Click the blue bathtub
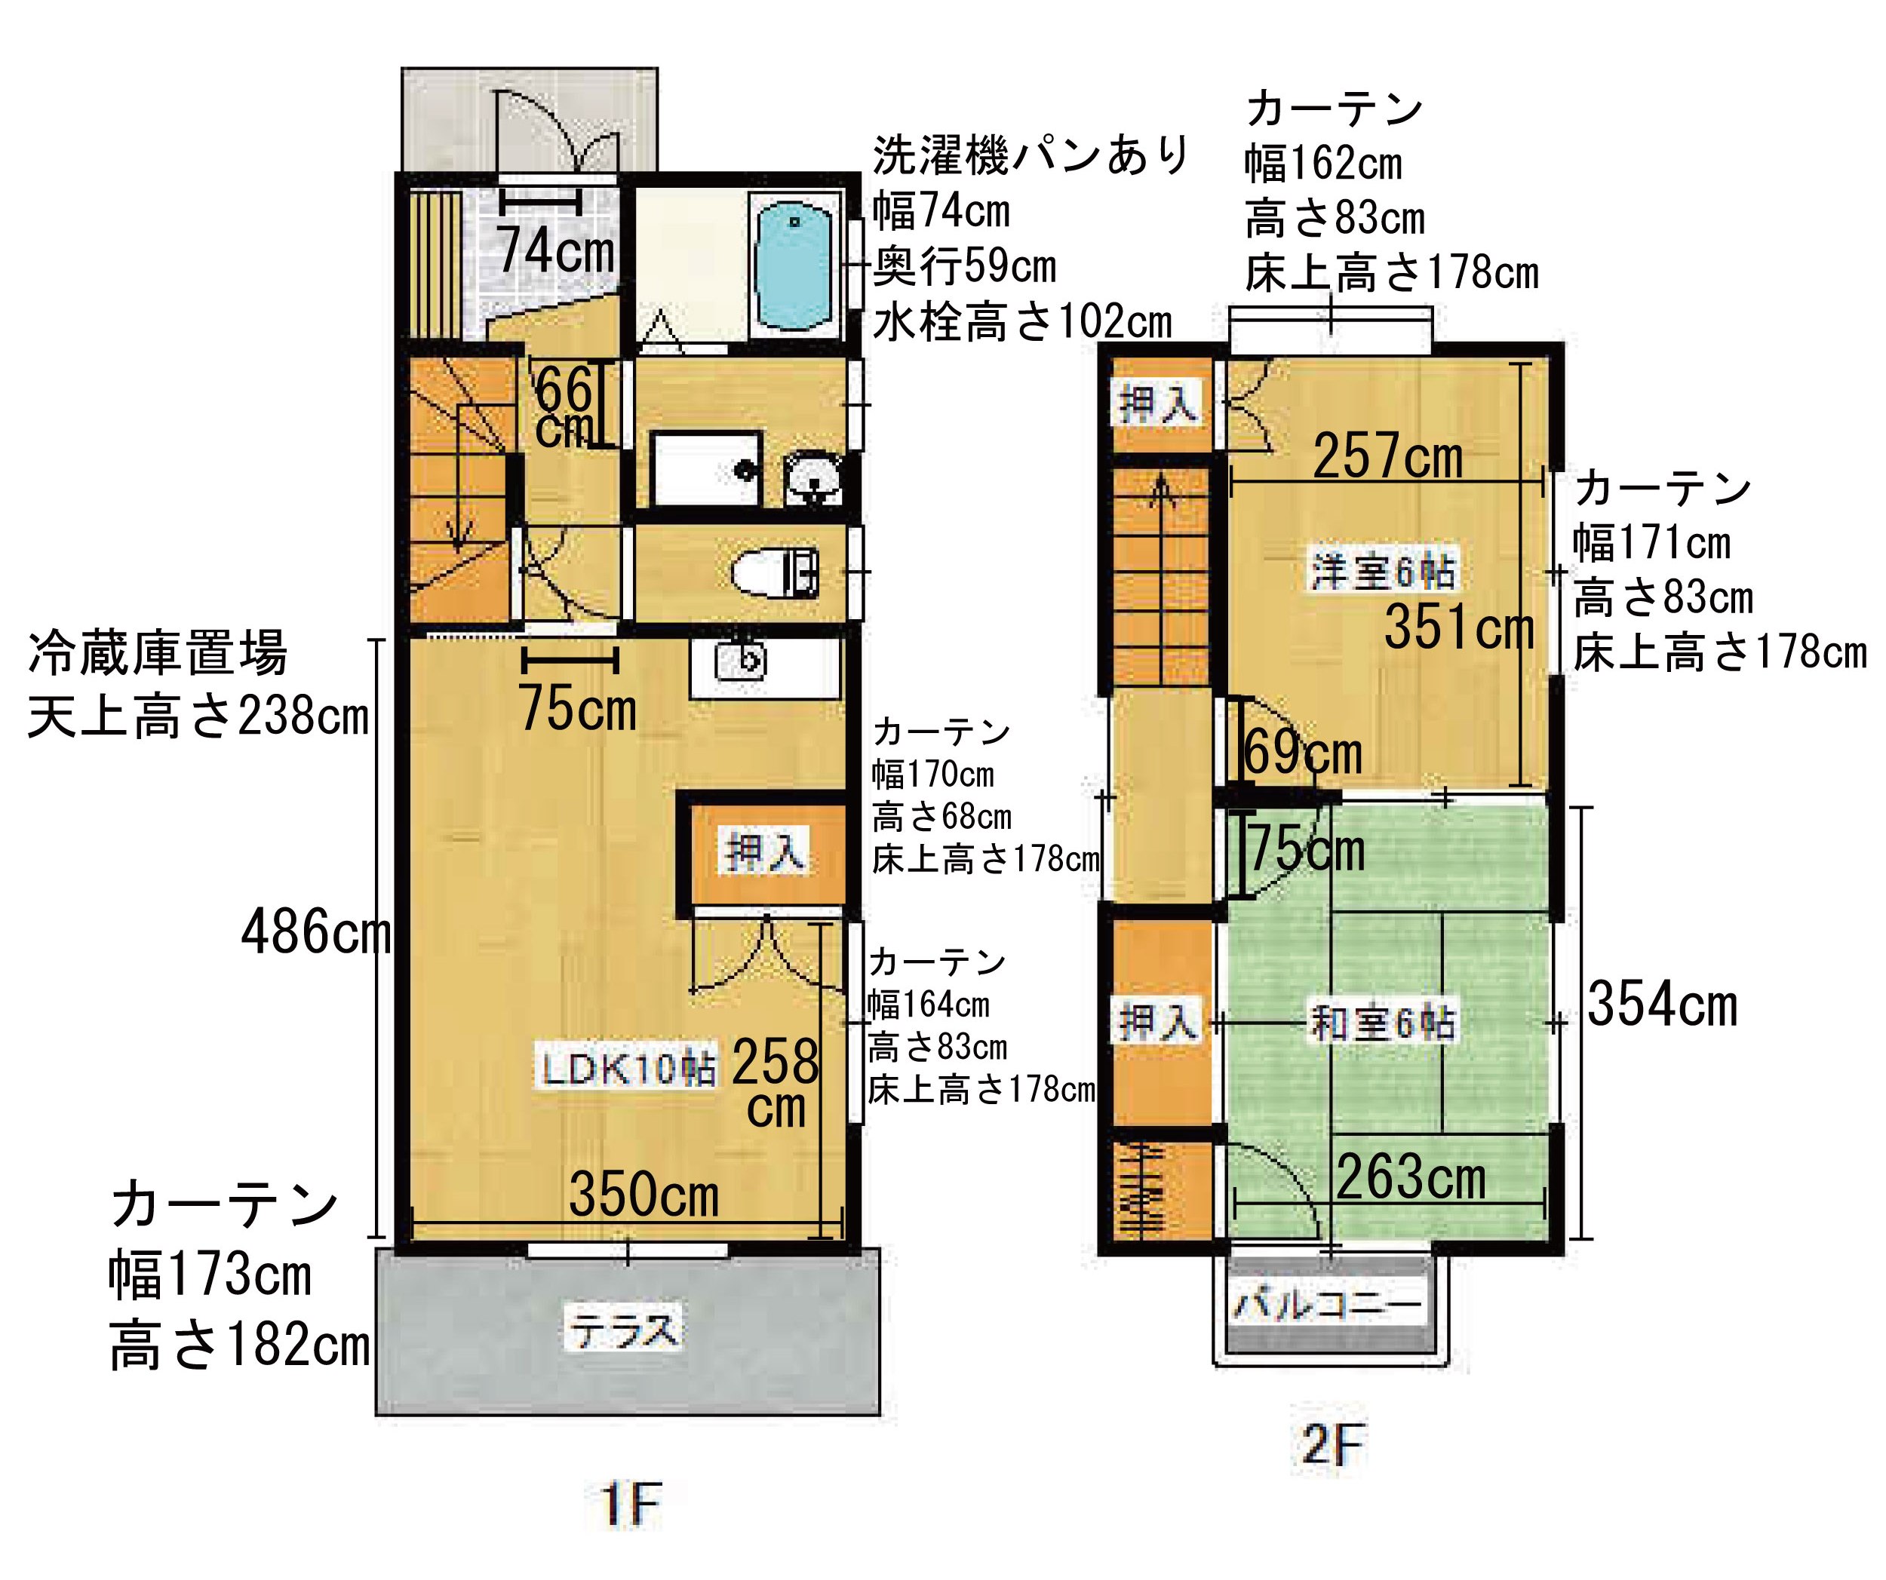[x=795, y=267]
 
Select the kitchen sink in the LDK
[x=741, y=662]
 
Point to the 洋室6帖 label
[x=1382, y=571]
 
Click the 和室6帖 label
[x=1382, y=1023]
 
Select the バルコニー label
[x=1328, y=1303]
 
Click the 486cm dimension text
[x=316, y=933]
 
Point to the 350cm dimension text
[x=644, y=1195]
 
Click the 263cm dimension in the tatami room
[x=1411, y=1177]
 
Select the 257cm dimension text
[x=1387, y=456]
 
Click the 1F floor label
[x=631, y=1505]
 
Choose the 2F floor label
[x=1332, y=1445]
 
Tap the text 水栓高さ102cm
[x=1022, y=322]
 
